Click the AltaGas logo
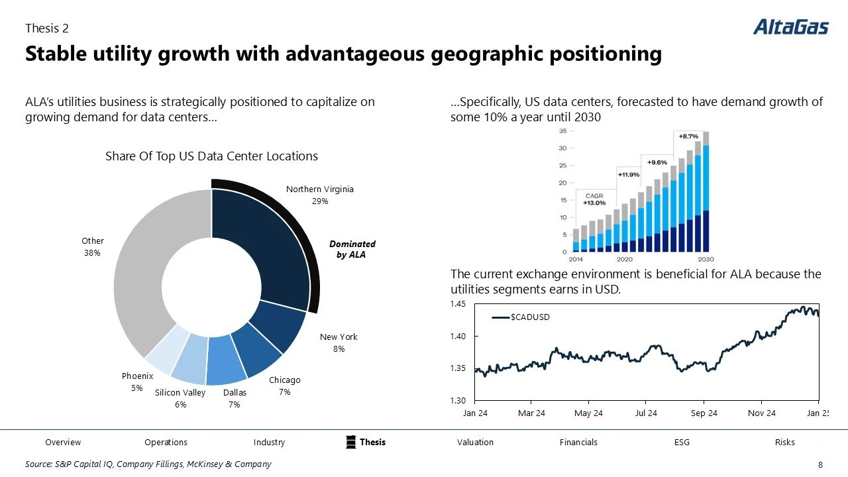click(790, 26)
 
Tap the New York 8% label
click(339, 343)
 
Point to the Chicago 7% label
click(284, 386)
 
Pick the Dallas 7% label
click(234, 398)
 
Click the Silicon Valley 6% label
click(180, 398)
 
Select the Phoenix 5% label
click(137, 382)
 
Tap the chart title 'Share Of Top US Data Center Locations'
click(211, 156)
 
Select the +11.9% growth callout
click(628, 174)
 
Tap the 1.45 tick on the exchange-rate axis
click(458, 304)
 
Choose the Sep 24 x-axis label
click(704, 413)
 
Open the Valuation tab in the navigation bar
click(475, 442)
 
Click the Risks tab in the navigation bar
click(784, 442)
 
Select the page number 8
click(821, 465)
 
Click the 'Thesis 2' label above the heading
click(46, 28)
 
